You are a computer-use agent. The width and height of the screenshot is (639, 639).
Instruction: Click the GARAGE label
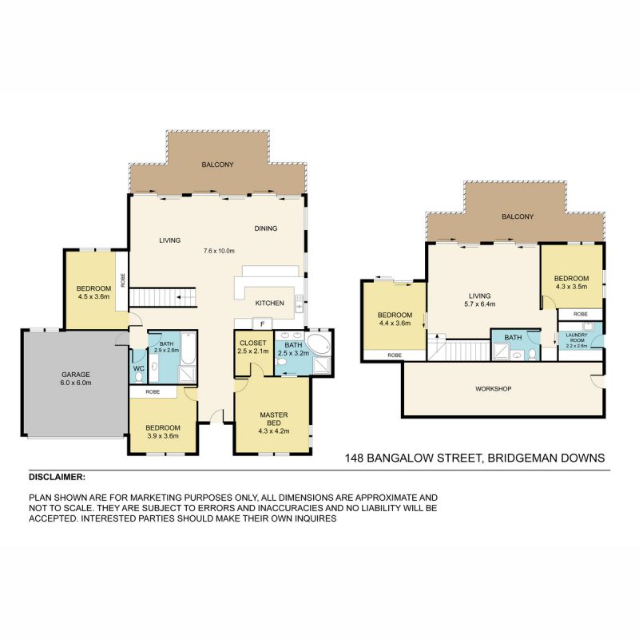click(76, 375)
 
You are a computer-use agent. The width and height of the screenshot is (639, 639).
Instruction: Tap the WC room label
click(139, 368)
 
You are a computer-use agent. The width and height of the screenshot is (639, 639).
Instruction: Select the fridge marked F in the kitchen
click(263, 324)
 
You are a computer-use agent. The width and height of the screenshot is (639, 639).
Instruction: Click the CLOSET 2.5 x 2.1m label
click(252, 347)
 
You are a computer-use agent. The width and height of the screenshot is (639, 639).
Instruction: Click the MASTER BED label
click(274, 419)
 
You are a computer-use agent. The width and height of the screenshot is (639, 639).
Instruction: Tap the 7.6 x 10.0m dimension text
click(219, 251)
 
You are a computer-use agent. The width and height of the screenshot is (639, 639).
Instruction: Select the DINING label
click(266, 228)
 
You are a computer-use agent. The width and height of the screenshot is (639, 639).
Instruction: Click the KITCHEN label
click(269, 304)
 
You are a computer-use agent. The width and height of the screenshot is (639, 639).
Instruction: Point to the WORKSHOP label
click(493, 389)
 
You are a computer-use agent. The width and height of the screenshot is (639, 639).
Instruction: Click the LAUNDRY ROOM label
click(577, 337)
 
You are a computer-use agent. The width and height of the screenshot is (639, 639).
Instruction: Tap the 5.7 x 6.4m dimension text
click(480, 304)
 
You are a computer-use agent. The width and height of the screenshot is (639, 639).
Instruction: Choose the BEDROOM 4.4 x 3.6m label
click(395, 319)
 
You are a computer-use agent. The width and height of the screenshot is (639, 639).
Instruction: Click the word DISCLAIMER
click(56, 477)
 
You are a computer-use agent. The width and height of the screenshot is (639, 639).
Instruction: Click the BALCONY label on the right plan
click(518, 216)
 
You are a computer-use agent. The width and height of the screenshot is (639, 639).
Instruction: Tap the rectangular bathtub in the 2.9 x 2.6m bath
click(188, 348)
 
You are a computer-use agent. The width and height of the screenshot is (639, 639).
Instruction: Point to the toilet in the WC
click(139, 377)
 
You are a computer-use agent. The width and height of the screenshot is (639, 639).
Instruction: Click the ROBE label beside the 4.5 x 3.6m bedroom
click(123, 280)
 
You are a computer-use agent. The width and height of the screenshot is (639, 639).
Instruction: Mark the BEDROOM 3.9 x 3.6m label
click(163, 432)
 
